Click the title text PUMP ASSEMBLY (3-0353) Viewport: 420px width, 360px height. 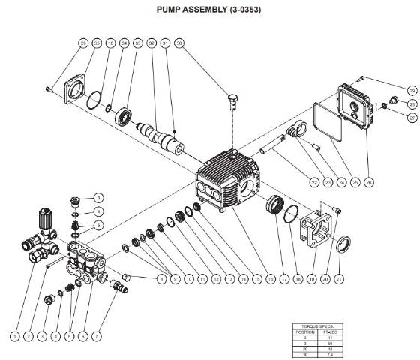(x=209, y=11)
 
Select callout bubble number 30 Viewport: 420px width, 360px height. (x=178, y=44)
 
